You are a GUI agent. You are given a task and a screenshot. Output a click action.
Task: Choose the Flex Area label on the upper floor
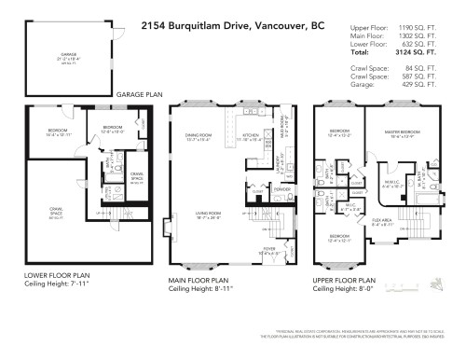click(386, 223)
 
